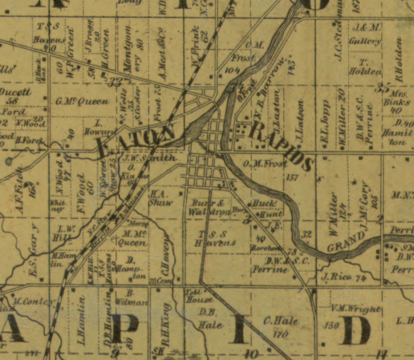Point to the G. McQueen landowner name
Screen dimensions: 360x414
82,101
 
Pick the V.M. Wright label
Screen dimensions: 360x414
356,310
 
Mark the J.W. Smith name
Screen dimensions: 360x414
149,158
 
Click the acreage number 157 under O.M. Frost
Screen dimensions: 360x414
292,178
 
